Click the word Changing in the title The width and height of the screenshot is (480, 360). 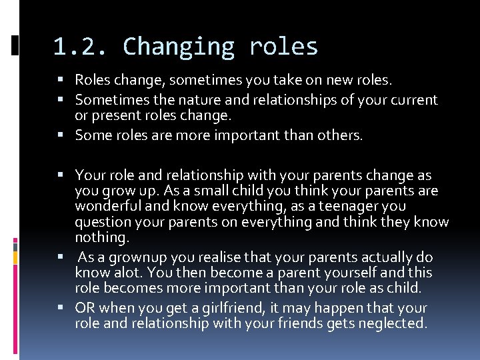178,47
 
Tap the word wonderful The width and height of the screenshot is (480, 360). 107,207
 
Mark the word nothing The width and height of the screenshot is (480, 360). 101,237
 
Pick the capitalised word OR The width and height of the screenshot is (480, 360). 85,308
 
